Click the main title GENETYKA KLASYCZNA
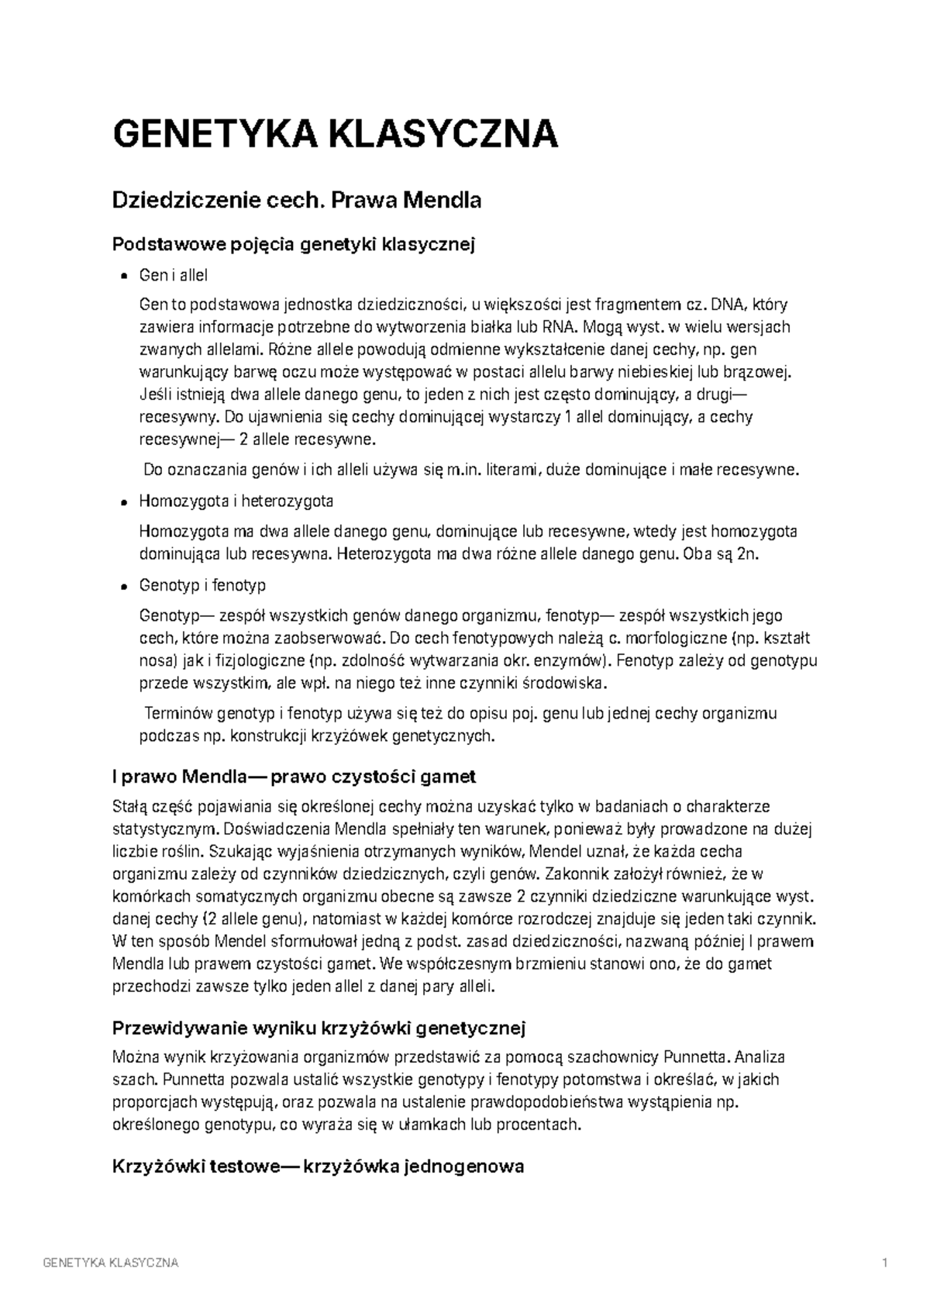(x=335, y=134)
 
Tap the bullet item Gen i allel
(x=174, y=275)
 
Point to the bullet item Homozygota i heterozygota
(x=236, y=501)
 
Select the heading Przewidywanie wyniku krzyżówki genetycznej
(x=319, y=1029)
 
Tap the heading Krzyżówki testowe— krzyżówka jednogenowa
(x=319, y=1166)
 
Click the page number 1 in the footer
(x=884, y=1263)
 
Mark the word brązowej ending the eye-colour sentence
(x=760, y=371)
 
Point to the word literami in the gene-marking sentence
(x=515, y=470)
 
